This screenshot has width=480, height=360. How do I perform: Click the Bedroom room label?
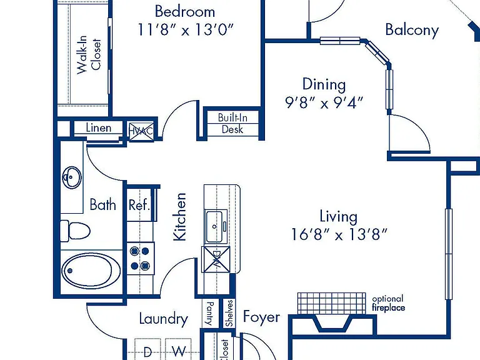tap(185, 12)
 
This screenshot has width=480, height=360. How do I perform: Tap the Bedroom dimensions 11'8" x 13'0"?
tap(186, 30)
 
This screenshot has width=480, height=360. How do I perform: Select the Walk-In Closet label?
tap(89, 55)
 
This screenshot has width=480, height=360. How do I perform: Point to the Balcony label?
tap(412, 30)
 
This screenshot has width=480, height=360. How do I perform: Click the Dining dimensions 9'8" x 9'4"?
tap(324, 102)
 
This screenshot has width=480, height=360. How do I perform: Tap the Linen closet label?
tap(99, 127)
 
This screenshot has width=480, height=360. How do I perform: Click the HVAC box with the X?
tap(141, 132)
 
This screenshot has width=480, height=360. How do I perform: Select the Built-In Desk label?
tap(232, 123)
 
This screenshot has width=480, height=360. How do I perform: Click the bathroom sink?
tap(72, 177)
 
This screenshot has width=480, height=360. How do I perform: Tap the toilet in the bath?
tap(75, 231)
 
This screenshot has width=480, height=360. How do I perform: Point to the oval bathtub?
tap(91, 270)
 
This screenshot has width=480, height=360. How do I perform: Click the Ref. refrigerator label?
tap(139, 205)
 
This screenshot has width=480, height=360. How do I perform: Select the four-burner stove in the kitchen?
tap(141, 259)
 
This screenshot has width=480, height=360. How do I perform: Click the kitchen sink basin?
tap(217, 226)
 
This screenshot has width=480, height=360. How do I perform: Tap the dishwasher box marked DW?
tap(216, 259)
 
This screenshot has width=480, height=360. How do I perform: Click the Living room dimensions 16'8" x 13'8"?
tap(339, 235)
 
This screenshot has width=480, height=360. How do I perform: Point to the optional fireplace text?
tap(389, 303)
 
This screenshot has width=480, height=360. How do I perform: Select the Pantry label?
tap(210, 313)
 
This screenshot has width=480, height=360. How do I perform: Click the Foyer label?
tap(261, 317)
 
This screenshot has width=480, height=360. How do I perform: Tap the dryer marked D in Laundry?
tap(147, 349)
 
